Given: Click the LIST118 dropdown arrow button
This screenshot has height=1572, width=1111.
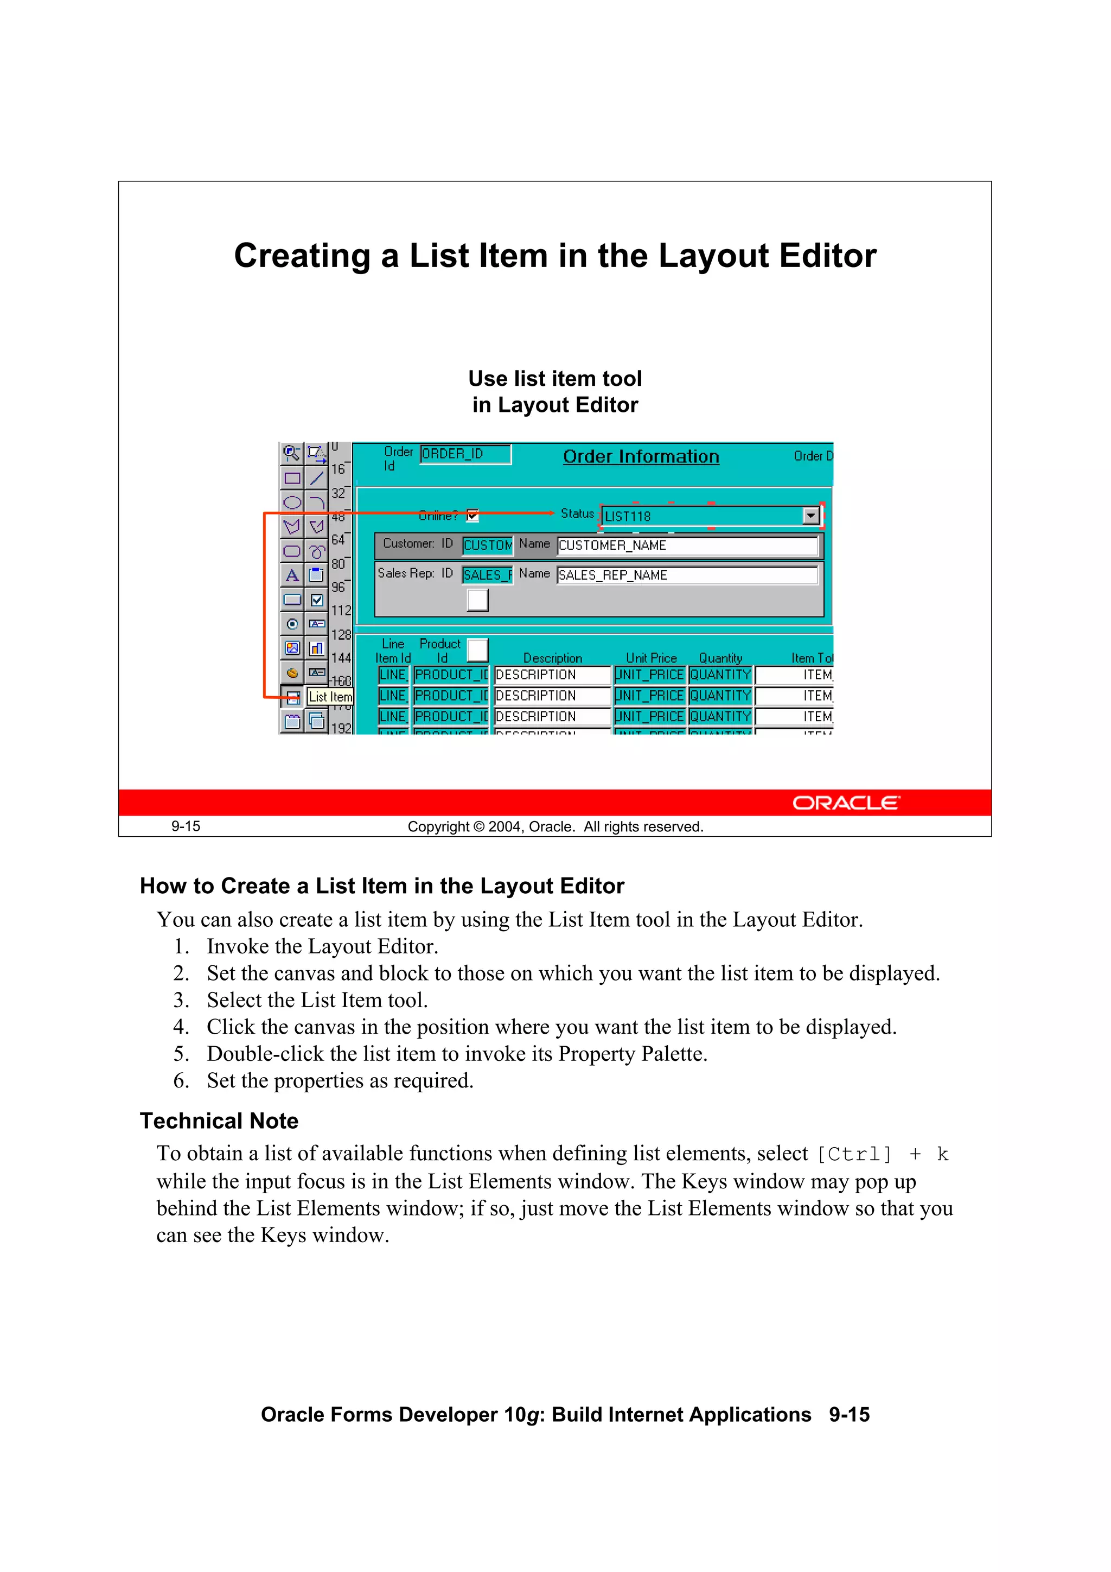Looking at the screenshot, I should click(x=810, y=515).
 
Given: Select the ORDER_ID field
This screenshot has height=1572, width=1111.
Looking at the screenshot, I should click(x=465, y=454).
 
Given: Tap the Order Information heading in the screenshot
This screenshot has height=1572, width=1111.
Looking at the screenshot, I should click(x=641, y=457).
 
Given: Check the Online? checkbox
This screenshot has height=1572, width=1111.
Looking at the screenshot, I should click(x=473, y=515).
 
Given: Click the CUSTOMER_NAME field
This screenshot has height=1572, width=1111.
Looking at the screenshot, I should click(x=687, y=546).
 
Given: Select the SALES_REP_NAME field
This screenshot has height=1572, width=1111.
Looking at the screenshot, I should click(x=687, y=576).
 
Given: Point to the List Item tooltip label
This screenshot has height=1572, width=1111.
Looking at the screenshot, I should click(x=330, y=697).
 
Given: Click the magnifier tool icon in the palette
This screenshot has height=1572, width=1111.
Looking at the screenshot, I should click(x=292, y=453).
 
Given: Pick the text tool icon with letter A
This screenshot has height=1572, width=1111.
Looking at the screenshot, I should click(x=292, y=576).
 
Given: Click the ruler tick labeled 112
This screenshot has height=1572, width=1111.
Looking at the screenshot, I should click(x=341, y=610).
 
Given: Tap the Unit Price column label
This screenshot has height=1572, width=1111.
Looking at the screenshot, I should click(x=651, y=658).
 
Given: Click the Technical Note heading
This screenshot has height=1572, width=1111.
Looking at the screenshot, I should click(x=219, y=1121).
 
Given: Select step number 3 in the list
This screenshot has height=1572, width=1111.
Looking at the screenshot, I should click(x=181, y=1000).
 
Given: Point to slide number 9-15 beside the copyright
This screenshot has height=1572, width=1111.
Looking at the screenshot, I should click(x=186, y=826).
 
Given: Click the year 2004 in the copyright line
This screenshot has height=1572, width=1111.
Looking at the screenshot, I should click(x=505, y=827).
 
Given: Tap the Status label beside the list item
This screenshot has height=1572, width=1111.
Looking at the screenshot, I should click(x=577, y=513).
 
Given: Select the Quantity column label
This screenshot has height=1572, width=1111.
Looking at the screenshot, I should click(x=720, y=658).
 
